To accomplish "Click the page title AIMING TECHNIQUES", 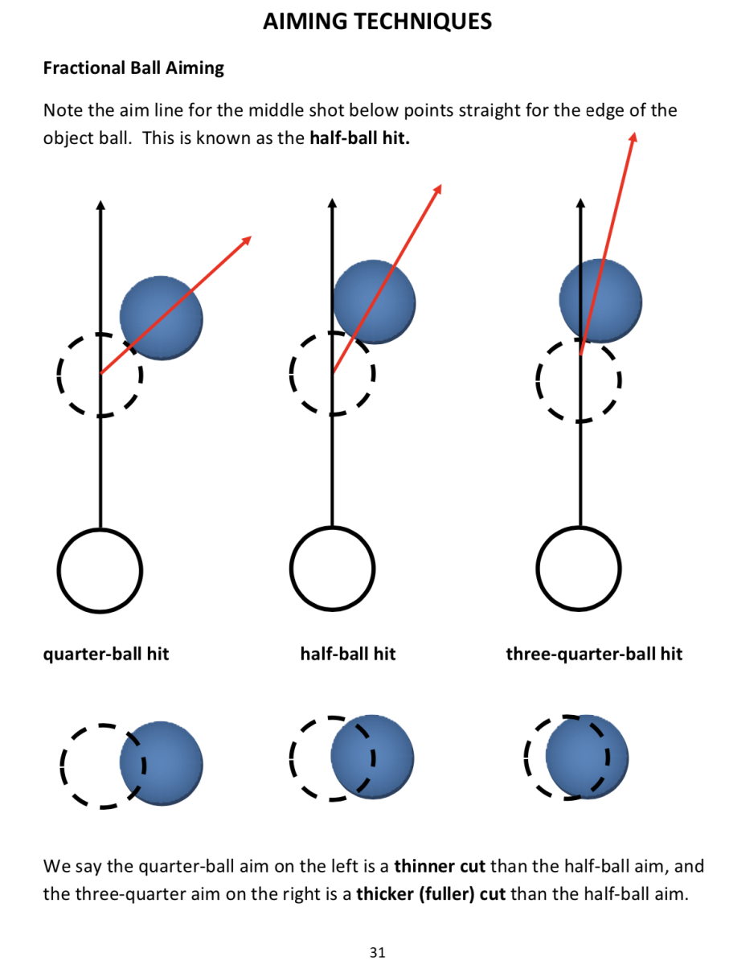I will pyautogui.click(x=377, y=21).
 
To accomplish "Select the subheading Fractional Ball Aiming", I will pyautogui.click(x=133, y=68).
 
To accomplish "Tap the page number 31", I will pyautogui.click(x=377, y=952).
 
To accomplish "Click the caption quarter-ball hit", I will pyautogui.click(x=106, y=654).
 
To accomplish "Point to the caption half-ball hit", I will pyautogui.click(x=348, y=654).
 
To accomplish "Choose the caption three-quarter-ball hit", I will pyautogui.click(x=594, y=654).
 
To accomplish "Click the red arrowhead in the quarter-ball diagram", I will pyautogui.click(x=247, y=239).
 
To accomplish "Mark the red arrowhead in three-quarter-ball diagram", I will pyautogui.click(x=633, y=137).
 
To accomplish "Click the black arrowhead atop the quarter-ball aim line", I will pyautogui.click(x=100, y=205).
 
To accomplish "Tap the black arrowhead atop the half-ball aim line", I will pyautogui.click(x=331, y=205).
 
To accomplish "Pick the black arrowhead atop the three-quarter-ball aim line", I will pyautogui.click(x=580, y=205).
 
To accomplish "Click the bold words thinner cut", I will pyautogui.click(x=440, y=867).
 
